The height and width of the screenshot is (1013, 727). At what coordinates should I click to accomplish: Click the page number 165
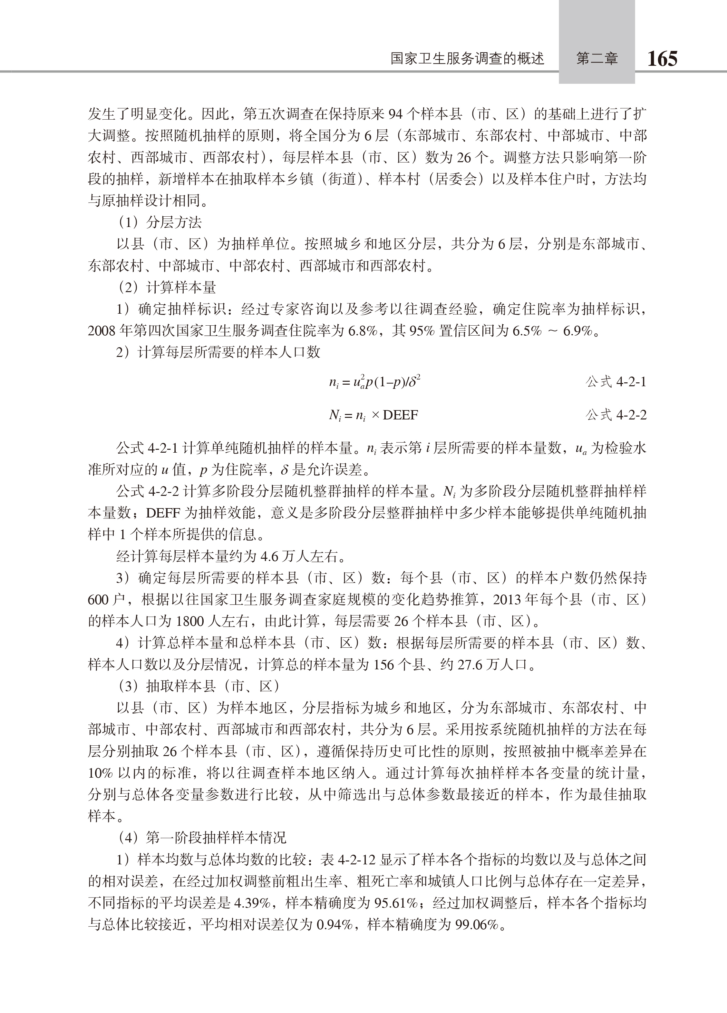662,58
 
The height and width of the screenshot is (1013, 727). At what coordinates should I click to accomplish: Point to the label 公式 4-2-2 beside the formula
616,415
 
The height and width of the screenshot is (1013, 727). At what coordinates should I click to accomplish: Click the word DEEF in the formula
400,415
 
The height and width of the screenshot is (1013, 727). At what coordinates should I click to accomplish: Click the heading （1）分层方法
160,222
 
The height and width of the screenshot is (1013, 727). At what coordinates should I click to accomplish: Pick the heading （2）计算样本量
167,287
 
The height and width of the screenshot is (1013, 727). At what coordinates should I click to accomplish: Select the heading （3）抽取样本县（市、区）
199,686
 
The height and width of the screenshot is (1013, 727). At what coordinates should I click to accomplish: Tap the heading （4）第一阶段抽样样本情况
202,838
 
